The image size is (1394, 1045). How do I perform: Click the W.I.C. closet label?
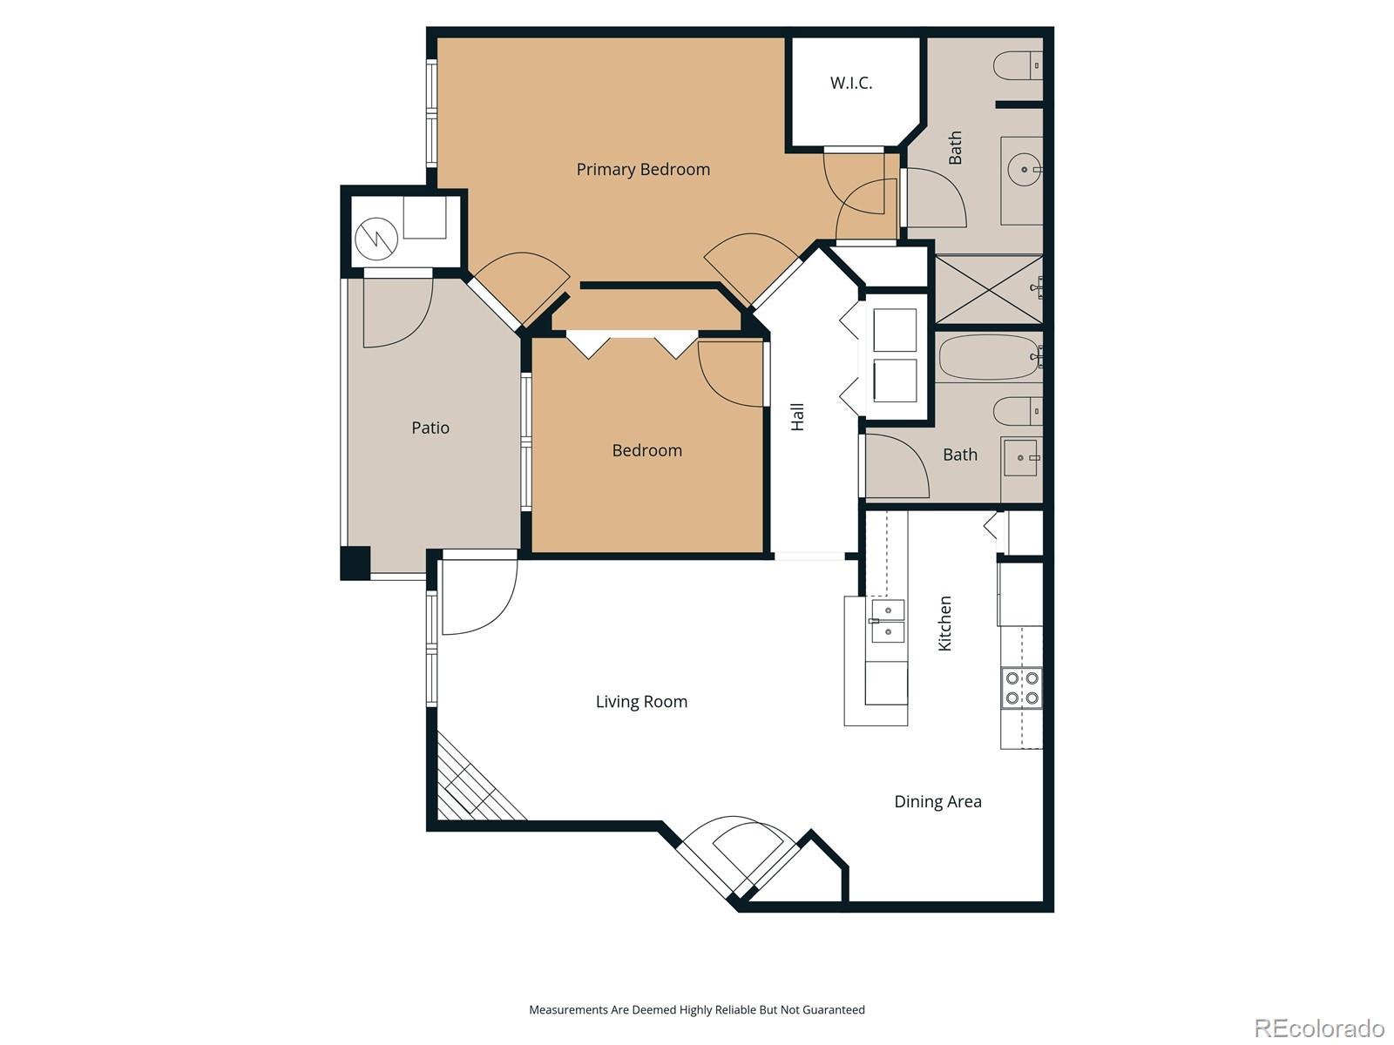[850, 84]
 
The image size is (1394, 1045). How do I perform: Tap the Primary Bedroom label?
[643, 169]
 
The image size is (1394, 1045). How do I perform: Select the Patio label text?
[430, 428]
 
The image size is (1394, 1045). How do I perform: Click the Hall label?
[797, 416]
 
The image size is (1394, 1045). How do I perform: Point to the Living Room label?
[641, 701]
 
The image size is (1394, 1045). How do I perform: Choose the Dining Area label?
[937, 801]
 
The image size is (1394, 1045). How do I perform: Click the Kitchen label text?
[944, 624]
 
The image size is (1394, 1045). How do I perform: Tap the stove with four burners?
[1021, 687]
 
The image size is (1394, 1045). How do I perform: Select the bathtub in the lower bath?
[989, 357]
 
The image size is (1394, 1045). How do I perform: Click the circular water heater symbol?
[376, 237]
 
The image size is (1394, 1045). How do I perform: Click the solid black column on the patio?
[355, 562]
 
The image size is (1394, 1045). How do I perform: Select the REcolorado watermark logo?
[1318, 1028]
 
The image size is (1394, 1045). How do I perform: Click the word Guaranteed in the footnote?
[835, 1010]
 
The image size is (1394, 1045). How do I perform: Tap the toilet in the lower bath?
[1017, 409]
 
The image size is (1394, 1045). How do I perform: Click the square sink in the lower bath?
[1021, 457]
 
